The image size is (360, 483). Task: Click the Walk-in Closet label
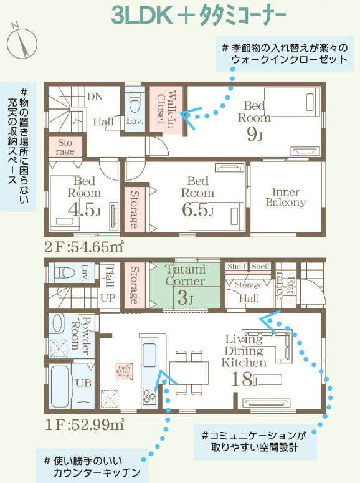166,110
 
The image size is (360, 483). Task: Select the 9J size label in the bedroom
255,133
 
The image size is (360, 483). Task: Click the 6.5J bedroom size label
198,211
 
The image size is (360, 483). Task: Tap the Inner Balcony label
286,197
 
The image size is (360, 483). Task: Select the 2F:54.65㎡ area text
83,247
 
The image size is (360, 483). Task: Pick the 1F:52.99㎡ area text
83,426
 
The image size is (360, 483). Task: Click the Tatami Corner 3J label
186,284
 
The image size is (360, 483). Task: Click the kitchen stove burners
150,395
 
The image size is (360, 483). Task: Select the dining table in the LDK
189,373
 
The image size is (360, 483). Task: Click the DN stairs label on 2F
94,97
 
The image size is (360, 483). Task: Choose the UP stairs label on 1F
108,298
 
